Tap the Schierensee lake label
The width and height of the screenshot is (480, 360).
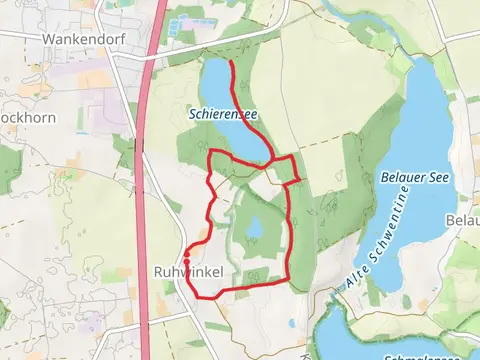click(x=223, y=115)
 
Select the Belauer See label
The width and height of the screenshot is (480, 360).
click(x=416, y=177)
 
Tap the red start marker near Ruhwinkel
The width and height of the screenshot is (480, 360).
click(x=187, y=263)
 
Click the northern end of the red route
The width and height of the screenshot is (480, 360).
click(x=231, y=62)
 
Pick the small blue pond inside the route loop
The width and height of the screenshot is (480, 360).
click(x=254, y=230)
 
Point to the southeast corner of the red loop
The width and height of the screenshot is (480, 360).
click(x=288, y=280)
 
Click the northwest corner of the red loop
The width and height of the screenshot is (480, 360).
click(x=208, y=151)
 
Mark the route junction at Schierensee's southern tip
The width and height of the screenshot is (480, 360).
click(x=273, y=158)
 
